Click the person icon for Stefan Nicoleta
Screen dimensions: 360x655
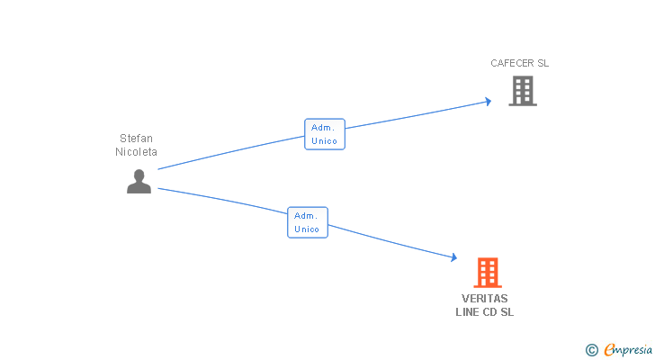click(x=139, y=181)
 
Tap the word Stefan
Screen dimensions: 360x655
click(x=136, y=139)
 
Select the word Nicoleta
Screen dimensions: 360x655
click(x=136, y=152)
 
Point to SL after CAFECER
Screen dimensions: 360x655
click(x=543, y=64)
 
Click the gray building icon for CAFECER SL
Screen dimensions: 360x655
click(x=523, y=91)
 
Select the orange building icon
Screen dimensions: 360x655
click(x=487, y=272)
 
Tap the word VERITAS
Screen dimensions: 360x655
click(x=485, y=299)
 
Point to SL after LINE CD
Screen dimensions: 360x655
click(x=507, y=312)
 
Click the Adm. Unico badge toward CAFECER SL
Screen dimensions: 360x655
click(x=325, y=134)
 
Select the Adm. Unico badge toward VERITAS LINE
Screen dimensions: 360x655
click(x=308, y=222)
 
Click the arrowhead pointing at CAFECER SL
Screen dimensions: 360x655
click(x=488, y=100)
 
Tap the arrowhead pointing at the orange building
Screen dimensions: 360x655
click(x=453, y=258)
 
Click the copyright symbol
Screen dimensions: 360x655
click(x=591, y=350)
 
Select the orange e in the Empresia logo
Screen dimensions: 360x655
click(x=609, y=350)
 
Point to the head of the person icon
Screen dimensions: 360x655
click(x=139, y=175)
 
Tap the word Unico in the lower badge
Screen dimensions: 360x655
click(x=308, y=229)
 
